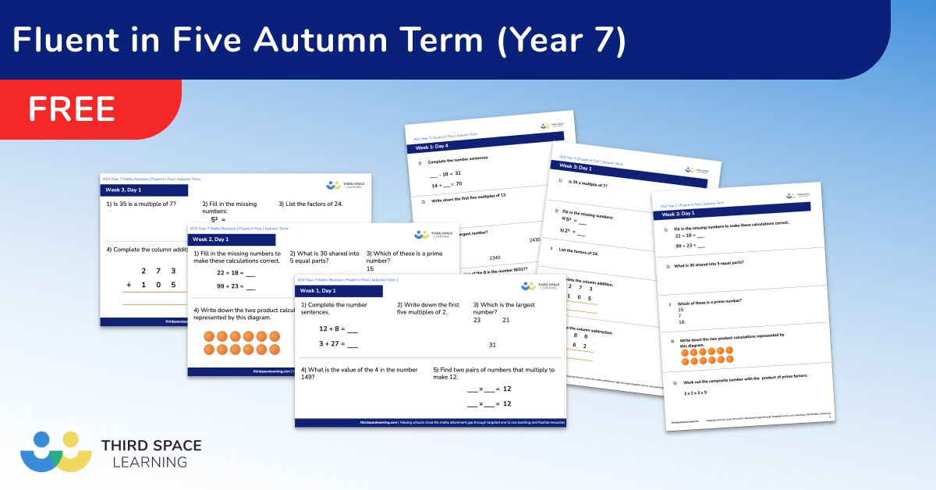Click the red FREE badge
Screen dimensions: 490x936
click(72, 108)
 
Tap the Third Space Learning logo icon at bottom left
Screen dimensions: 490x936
click(55, 451)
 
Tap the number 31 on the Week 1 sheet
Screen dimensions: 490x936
click(492, 344)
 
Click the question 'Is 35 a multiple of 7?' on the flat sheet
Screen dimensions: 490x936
click(142, 204)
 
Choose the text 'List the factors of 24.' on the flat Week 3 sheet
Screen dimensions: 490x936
click(310, 204)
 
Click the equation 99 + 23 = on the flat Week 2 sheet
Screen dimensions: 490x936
click(236, 286)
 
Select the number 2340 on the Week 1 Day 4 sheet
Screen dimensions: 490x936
click(495, 257)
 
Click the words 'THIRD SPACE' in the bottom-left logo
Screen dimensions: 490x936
click(151, 446)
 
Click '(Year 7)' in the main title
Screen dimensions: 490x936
click(561, 40)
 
